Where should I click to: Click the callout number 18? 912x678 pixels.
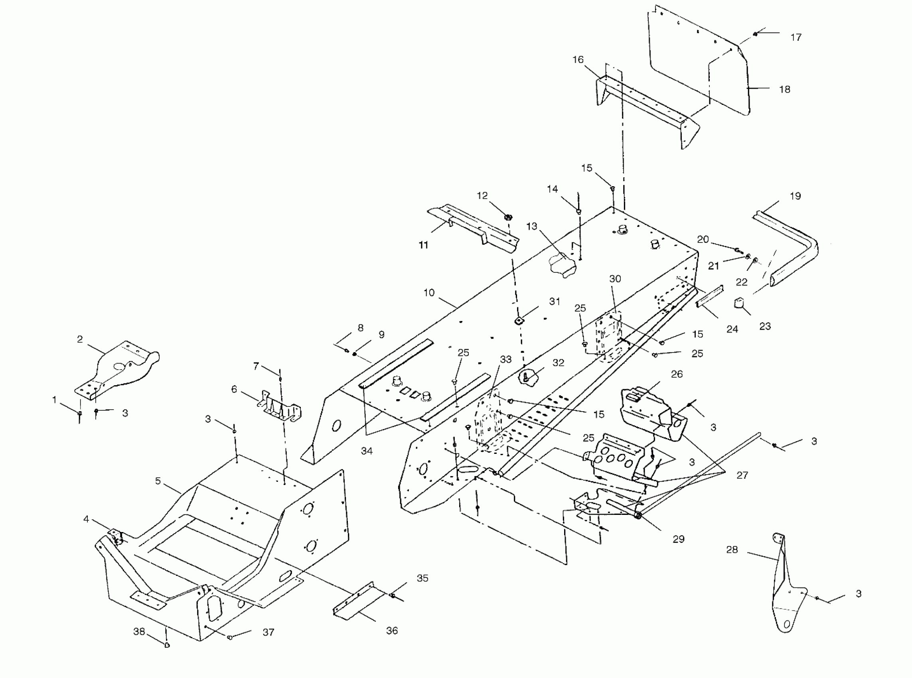[784, 89]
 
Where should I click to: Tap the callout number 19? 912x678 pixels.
[795, 196]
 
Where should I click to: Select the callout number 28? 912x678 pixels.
[732, 550]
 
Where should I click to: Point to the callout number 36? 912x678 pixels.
[392, 631]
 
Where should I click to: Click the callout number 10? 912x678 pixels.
[429, 293]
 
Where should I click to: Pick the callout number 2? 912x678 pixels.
[80, 339]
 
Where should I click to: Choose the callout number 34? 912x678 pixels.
[367, 451]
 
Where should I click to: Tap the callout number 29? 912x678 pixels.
[679, 539]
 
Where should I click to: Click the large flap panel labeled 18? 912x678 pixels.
[698, 61]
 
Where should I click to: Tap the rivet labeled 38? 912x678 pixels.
[167, 645]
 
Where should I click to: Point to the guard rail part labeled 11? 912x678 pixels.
[472, 228]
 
